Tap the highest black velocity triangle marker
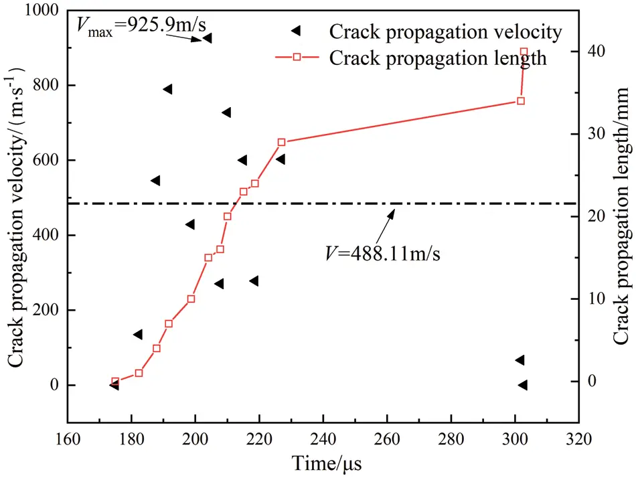(x=207, y=38)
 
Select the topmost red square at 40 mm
(x=524, y=52)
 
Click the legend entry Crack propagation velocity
(x=445, y=31)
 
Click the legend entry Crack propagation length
(x=438, y=58)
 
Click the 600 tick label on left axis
(x=46, y=160)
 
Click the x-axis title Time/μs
(x=323, y=462)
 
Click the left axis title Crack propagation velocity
(x=16, y=218)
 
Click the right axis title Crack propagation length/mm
(x=621, y=218)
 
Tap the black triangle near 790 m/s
(x=167, y=89)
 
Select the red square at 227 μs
(x=281, y=142)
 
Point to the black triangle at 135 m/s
(x=138, y=335)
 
